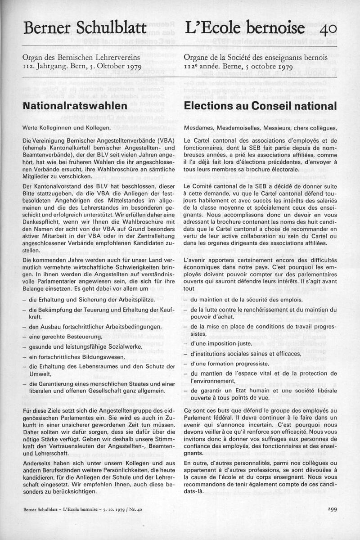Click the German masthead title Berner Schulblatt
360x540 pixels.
point(85,28)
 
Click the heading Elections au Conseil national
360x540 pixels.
point(261,106)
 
